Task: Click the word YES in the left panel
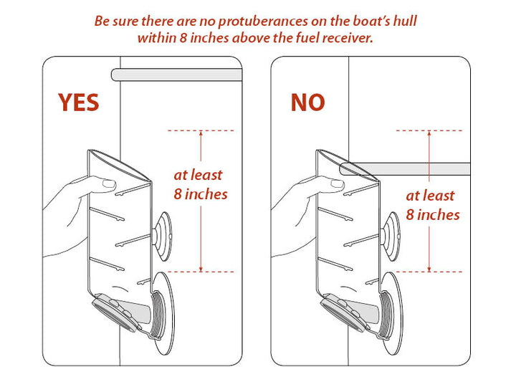pos(79,102)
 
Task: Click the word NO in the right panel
pos(307,102)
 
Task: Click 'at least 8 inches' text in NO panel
pos(432,204)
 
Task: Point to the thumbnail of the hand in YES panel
pos(109,184)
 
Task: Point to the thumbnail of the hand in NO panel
pos(338,184)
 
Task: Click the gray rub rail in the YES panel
pos(176,75)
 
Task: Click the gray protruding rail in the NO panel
pos(408,169)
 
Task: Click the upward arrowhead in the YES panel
pos(201,135)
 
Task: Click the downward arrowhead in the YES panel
pos(201,267)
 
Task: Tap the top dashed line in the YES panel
pos(200,130)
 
